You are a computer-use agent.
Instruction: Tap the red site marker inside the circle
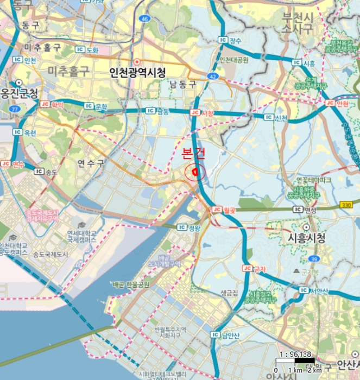194,173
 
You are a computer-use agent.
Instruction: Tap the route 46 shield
143,19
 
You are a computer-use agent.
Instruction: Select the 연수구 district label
90,162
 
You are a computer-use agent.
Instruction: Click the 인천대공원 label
233,59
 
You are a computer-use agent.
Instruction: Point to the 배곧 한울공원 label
130,284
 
